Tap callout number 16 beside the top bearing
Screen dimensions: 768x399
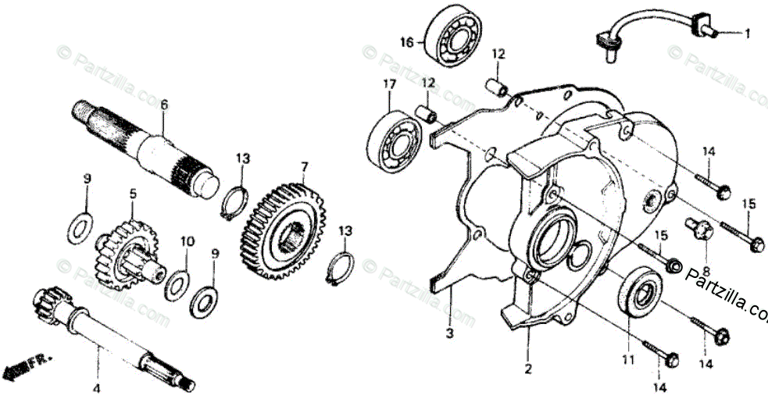(x=405, y=41)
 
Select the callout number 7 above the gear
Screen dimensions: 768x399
(x=305, y=166)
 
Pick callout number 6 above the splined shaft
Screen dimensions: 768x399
(x=164, y=104)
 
